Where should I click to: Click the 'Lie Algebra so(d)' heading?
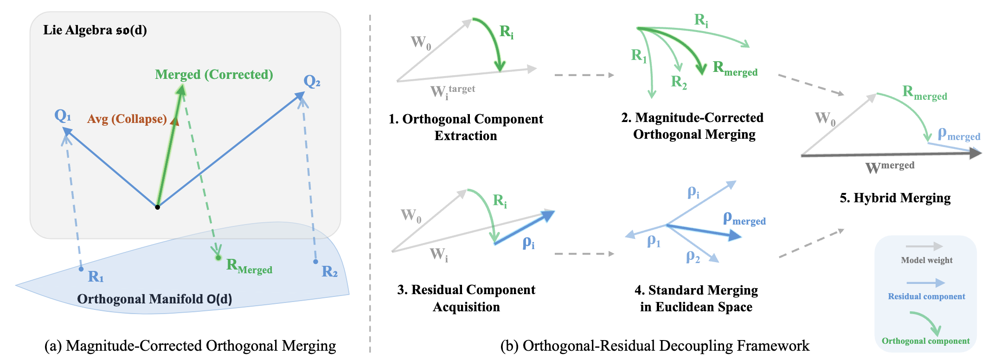[x=95, y=30]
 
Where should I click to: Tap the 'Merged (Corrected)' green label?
[x=214, y=75]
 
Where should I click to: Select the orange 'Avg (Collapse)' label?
[x=127, y=119]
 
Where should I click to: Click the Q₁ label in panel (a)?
[x=63, y=115]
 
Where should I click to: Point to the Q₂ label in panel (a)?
[x=312, y=82]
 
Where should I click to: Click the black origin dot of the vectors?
[x=158, y=207]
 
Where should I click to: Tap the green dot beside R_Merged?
[x=218, y=257]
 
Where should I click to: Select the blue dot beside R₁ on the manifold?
[x=81, y=269]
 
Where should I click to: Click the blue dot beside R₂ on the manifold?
[x=315, y=262]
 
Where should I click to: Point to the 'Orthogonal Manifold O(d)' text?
[x=154, y=299]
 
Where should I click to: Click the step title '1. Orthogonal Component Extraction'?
[x=466, y=127]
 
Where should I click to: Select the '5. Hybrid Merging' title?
[x=895, y=198]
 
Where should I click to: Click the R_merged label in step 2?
[x=735, y=68]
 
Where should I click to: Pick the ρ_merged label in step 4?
[x=744, y=219]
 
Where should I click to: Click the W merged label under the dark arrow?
[x=890, y=167]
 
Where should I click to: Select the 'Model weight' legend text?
[x=926, y=260]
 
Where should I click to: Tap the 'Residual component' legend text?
[x=926, y=296]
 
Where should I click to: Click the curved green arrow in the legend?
[x=926, y=323]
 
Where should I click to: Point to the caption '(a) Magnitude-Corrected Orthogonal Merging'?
[x=190, y=346]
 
